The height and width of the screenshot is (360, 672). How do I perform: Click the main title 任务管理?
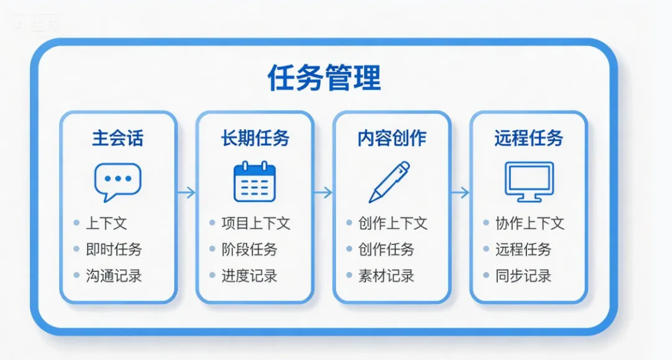(x=324, y=78)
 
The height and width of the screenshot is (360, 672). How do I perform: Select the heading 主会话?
(x=118, y=138)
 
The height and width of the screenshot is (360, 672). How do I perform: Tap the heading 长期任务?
(x=255, y=138)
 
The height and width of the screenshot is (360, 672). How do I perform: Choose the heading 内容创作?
(x=392, y=138)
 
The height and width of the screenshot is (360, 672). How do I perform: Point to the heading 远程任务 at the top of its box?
(x=528, y=138)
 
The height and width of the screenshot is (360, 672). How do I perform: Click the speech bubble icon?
(x=118, y=181)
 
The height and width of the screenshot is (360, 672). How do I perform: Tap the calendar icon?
(x=254, y=181)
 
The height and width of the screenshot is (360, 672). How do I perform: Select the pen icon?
(x=390, y=182)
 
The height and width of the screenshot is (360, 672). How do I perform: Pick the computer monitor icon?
(x=528, y=182)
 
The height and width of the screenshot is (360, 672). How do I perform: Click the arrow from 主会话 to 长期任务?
(x=186, y=193)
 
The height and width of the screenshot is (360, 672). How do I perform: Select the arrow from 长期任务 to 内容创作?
(x=323, y=193)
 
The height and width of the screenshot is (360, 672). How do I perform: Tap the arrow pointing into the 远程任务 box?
(x=460, y=193)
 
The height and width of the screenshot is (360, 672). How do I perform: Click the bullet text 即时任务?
(x=114, y=249)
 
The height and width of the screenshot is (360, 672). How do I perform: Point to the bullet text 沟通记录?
(x=114, y=276)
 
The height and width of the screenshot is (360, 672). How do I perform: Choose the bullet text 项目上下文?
(x=256, y=223)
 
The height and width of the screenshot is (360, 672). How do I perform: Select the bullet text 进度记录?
(x=250, y=276)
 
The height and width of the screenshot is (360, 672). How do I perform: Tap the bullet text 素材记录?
(x=386, y=276)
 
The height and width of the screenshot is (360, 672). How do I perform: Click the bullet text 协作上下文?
(x=530, y=223)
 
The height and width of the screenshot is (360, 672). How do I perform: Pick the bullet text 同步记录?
(x=523, y=276)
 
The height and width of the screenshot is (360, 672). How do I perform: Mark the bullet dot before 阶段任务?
(x=213, y=249)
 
